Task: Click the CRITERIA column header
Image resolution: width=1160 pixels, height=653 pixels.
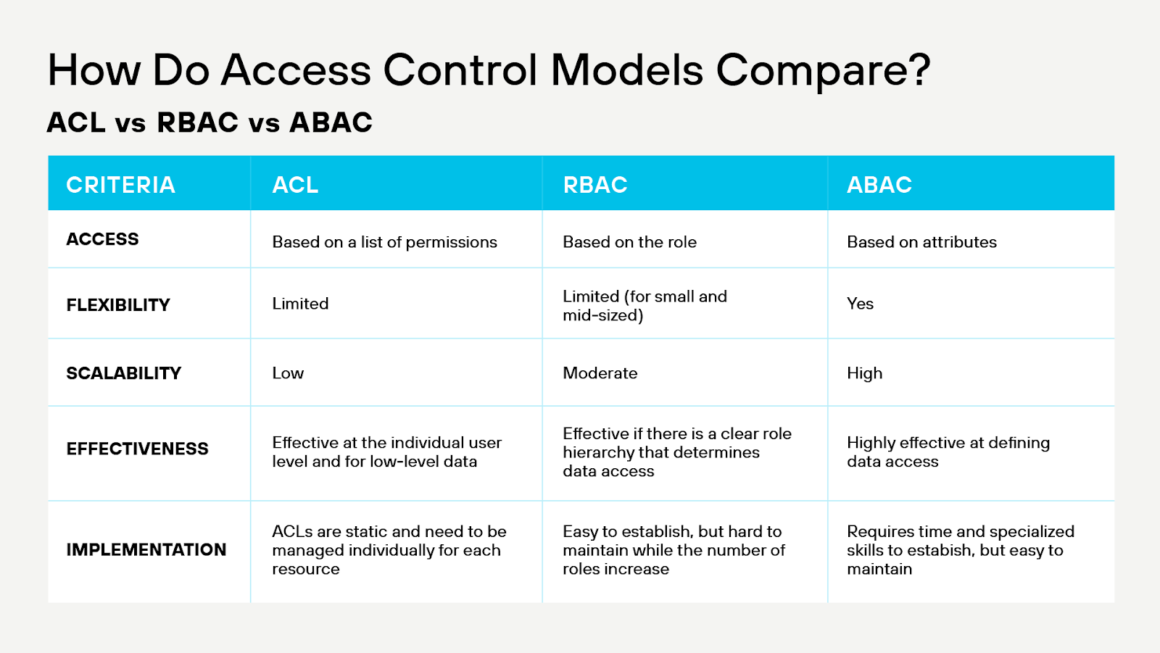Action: point(120,185)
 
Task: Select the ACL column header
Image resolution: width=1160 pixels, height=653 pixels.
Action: point(295,185)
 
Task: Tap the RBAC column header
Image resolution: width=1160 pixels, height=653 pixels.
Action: point(595,185)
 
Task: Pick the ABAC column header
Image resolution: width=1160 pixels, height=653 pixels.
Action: point(879,185)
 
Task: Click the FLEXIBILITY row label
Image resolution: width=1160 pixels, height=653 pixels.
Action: point(118,305)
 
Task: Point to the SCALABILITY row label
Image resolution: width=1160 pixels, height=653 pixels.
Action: point(124,373)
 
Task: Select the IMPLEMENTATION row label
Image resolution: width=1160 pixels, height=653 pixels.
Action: point(146,550)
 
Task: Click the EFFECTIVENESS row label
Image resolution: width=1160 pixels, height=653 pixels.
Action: point(137,449)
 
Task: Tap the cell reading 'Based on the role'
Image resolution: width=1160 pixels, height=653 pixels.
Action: point(629,242)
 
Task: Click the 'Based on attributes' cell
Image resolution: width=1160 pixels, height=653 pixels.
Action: point(921,242)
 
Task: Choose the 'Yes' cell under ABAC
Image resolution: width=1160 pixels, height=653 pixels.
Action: point(860,304)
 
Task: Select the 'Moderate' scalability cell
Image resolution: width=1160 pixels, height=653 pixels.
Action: point(600,373)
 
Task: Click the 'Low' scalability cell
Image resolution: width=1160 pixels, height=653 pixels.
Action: point(288,373)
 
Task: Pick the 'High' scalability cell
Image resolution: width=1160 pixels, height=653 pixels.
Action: point(864,373)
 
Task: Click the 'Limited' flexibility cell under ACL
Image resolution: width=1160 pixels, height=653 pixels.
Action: point(300,304)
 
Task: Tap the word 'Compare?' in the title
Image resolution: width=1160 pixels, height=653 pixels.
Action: point(823,71)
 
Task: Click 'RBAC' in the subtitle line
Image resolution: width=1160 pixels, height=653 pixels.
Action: point(197,122)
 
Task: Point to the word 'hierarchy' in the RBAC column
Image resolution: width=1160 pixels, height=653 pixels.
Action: point(598,453)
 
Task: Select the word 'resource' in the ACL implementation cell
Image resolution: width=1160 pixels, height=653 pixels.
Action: point(305,570)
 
